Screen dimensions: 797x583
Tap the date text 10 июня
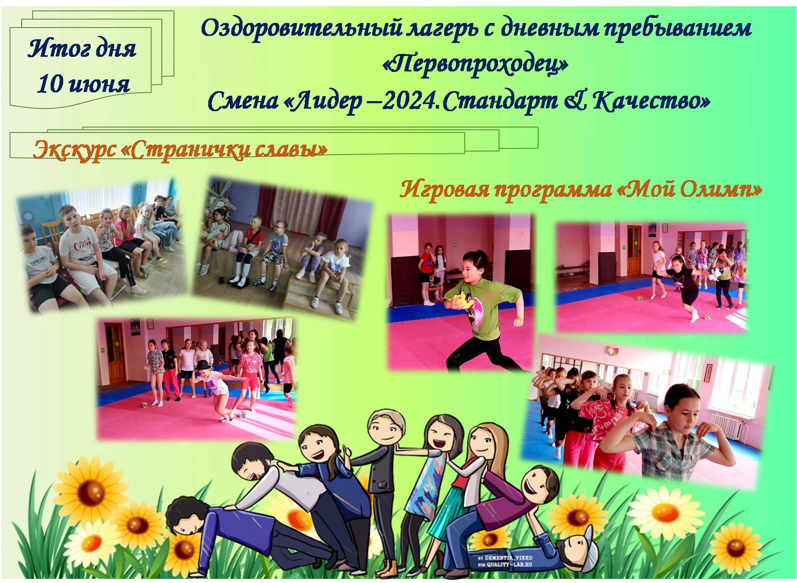coord(83,84)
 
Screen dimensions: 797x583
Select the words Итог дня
coord(82,48)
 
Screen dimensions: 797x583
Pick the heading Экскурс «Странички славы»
coord(180,150)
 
